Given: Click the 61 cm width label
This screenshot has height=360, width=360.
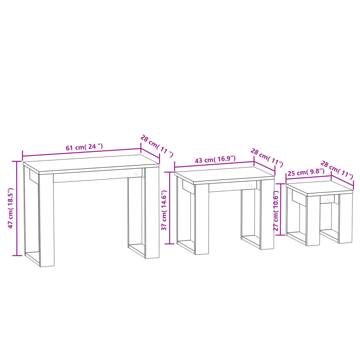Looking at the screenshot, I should pyautogui.click(x=84, y=147).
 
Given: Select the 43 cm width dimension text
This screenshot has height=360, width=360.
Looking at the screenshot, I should pyautogui.click(x=215, y=159).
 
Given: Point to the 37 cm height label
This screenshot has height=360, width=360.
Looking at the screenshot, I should pyautogui.click(x=164, y=211).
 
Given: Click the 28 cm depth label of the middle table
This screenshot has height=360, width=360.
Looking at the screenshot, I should pyautogui.click(x=267, y=157).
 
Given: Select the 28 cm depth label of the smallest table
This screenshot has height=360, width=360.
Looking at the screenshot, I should pyautogui.click(x=336, y=169).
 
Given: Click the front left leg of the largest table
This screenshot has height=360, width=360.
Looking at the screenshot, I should pyautogui.click(x=46, y=220).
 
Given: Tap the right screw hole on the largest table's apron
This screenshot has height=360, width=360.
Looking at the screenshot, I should pyautogui.click(x=136, y=173).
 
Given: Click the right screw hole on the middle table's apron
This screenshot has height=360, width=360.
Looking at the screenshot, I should pyautogui.click(x=250, y=185).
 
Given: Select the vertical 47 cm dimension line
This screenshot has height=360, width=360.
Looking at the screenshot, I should pyautogui.click(x=17, y=208).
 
